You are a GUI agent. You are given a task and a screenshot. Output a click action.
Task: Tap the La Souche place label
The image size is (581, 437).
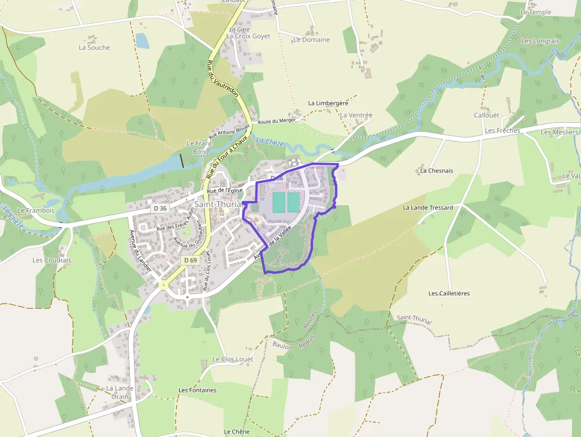(94, 48)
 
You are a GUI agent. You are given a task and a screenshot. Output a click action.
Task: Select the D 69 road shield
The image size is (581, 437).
(190, 260)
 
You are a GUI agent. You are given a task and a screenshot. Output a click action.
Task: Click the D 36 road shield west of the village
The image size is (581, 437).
(160, 208)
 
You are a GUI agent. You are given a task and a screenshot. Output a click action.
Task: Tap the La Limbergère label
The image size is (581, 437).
(328, 103)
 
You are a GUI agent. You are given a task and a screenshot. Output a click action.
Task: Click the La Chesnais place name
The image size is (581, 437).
(436, 171)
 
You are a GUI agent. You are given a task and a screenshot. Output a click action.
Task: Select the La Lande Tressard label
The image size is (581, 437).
(428, 208)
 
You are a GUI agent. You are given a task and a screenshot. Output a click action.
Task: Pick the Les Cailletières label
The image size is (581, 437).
(449, 294)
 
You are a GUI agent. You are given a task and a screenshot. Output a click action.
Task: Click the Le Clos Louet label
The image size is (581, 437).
(232, 359)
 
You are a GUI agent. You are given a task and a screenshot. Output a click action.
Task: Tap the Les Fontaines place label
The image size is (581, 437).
(197, 390)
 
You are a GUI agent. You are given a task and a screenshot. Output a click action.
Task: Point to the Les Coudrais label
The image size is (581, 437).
(52, 260)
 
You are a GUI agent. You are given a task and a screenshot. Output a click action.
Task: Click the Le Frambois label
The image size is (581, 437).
(36, 210)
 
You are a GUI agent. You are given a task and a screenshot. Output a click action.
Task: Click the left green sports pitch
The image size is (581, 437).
(279, 202)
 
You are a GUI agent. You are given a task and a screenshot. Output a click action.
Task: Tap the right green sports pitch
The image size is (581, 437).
(294, 202)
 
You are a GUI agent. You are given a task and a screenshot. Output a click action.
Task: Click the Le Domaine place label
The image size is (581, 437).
(311, 40)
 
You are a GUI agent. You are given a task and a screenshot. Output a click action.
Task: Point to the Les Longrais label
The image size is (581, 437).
(540, 41)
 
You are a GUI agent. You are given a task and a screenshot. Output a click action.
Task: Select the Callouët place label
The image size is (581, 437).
(487, 116)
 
